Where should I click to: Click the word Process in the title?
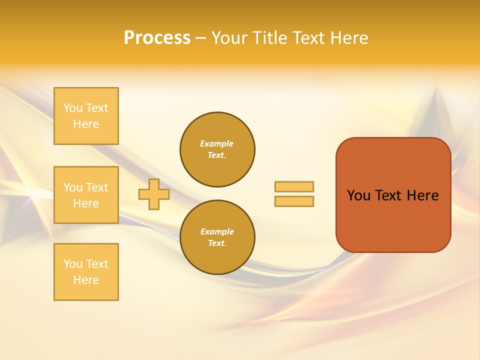pyautogui.click(x=157, y=38)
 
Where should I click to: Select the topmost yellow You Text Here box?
pyautogui.click(x=86, y=116)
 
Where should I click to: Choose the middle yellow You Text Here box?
pyautogui.click(x=86, y=195)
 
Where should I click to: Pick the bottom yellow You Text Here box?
pyautogui.click(x=86, y=272)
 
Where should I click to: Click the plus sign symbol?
pyautogui.click(x=154, y=194)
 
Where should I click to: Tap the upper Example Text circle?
pyautogui.click(x=217, y=149)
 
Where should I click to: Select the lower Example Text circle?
pyautogui.click(x=217, y=237)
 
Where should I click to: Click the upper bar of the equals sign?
pyautogui.click(x=294, y=186)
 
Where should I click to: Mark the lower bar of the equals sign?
pyautogui.click(x=294, y=201)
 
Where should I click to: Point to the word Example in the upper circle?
pyautogui.click(x=217, y=143)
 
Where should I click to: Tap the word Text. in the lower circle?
pyautogui.click(x=217, y=243)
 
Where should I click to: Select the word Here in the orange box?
pyautogui.click(x=422, y=195)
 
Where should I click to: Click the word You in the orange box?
pyautogui.click(x=358, y=195)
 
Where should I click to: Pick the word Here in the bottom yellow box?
pyautogui.click(x=86, y=280)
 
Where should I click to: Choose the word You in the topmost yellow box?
pyautogui.click(x=73, y=108)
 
